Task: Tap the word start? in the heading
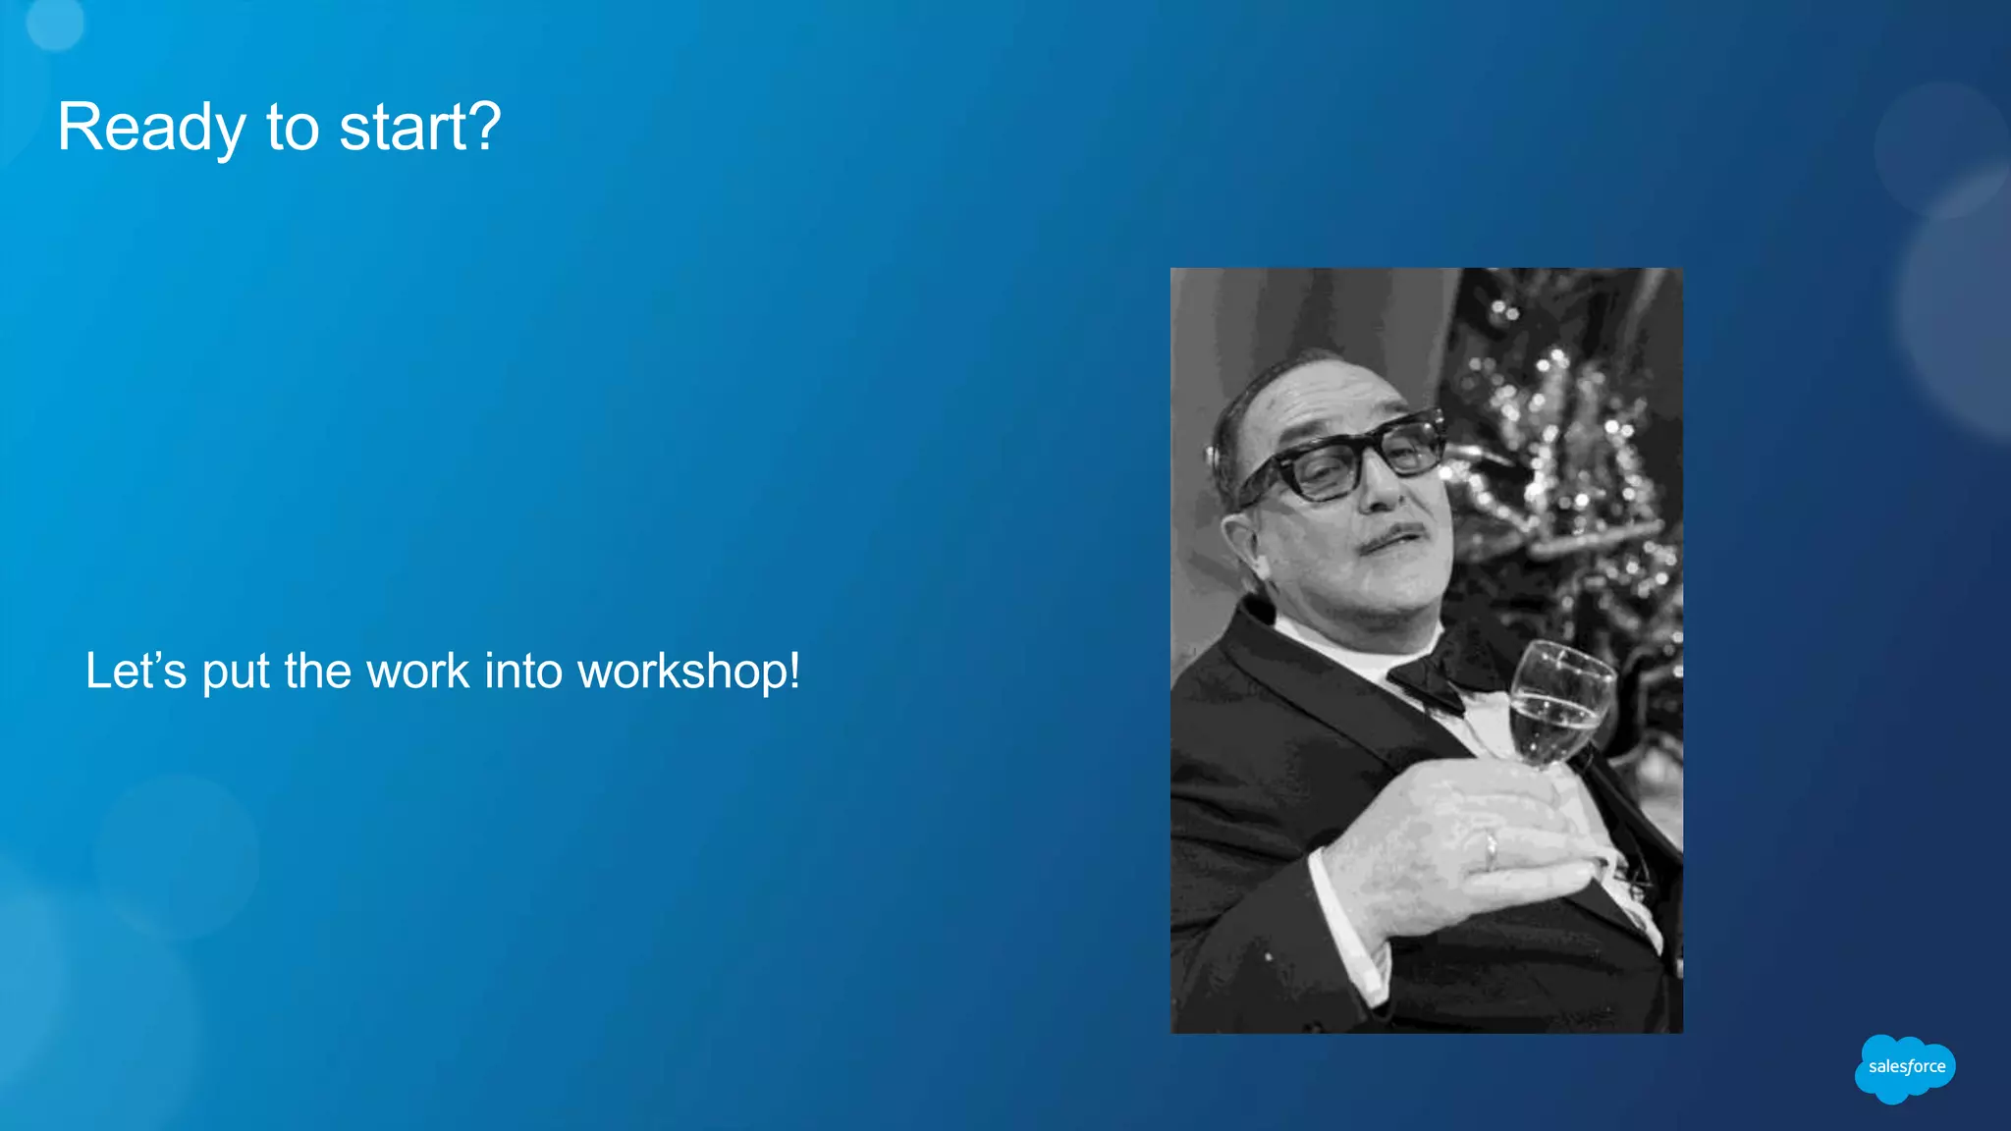[420, 128]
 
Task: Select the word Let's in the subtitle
[136, 672]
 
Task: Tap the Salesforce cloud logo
[1905, 1068]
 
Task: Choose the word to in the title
[293, 128]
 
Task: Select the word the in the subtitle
[317, 672]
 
